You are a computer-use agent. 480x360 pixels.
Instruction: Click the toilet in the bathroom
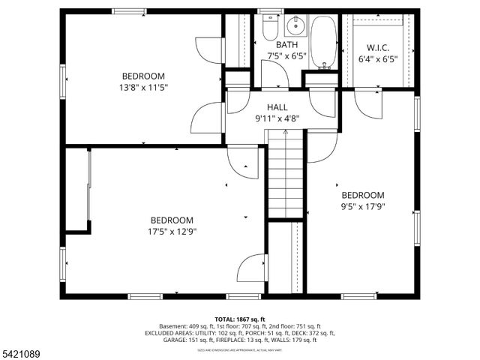271,28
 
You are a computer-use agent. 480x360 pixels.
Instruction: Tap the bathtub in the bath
324,41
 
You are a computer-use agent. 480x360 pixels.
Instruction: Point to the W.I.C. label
378,46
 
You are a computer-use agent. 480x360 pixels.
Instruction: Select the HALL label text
277,107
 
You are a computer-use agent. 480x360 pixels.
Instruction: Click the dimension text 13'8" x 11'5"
143,87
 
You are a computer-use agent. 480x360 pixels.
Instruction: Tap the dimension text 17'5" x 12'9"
172,231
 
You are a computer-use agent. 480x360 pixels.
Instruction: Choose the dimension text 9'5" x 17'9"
362,206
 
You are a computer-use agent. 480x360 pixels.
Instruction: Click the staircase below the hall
285,176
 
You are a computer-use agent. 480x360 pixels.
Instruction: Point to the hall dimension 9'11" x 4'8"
277,118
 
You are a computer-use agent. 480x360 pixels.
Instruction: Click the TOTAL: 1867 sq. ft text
240,319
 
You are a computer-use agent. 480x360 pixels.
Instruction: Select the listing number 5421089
22,353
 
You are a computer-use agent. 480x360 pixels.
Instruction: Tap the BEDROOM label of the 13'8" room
143,76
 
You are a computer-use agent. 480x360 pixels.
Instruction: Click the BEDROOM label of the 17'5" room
172,220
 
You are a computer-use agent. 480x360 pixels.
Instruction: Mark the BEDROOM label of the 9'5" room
362,195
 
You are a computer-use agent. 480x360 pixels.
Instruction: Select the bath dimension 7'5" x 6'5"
285,56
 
